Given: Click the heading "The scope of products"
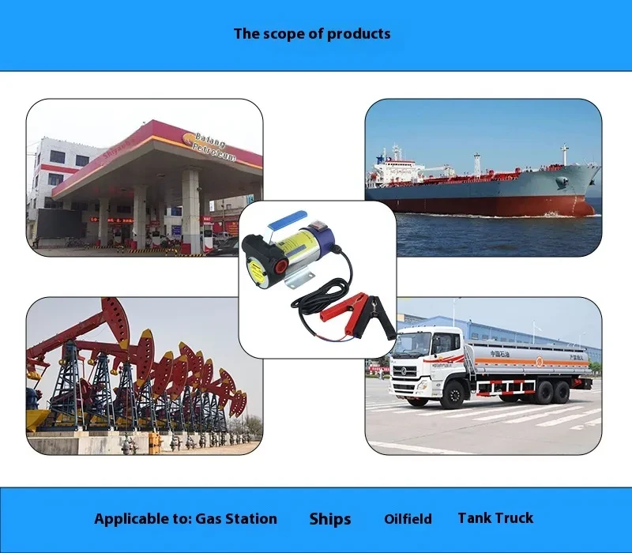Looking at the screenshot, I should point(312,34).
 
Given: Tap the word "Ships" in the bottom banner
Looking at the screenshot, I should point(330,519).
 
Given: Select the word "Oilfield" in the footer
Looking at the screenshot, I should point(408,519).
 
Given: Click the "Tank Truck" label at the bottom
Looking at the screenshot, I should point(495,518).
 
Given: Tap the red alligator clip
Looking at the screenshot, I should point(355,302).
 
